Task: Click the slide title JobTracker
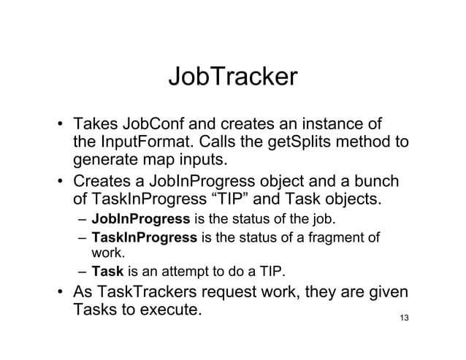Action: click(232, 77)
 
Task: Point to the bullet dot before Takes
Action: click(62, 124)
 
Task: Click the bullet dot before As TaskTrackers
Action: click(62, 295)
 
